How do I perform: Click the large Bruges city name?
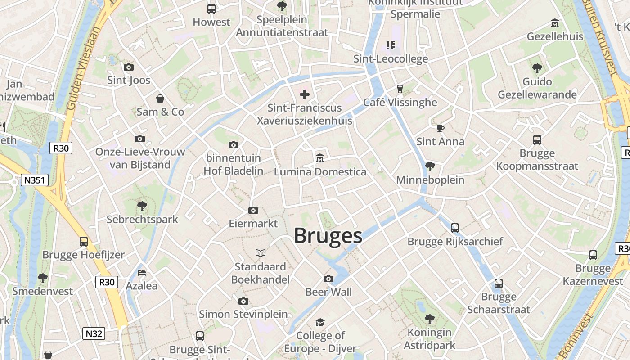(x=328, y=236)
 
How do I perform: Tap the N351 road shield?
(x=34, y=180)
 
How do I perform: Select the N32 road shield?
(x=94, y=333)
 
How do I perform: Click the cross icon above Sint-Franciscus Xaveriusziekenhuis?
(x=305, y=94)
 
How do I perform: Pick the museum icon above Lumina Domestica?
(x=320, y=158)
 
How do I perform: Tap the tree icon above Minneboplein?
(x=430, y=166)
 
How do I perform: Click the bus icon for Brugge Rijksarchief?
(x=455, y=228)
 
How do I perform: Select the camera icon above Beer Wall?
(x=328, y=279)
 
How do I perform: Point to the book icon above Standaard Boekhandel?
(x=261, y=253)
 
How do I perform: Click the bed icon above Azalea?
(x=142, y=273)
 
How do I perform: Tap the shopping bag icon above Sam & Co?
(x=160, y=99)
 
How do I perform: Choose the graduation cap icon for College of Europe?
(x=320, y=322)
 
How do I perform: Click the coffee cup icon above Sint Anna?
(x=441, y=128)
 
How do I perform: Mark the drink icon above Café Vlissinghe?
(x=399, y=89)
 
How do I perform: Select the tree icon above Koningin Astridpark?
(x=430, y=319)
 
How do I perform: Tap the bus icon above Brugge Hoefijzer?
(x=84, y=242)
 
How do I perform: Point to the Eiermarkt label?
(x=253, y=224)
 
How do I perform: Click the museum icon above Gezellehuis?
(x=555, y=23)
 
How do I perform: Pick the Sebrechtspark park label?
(x=142, y=220)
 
